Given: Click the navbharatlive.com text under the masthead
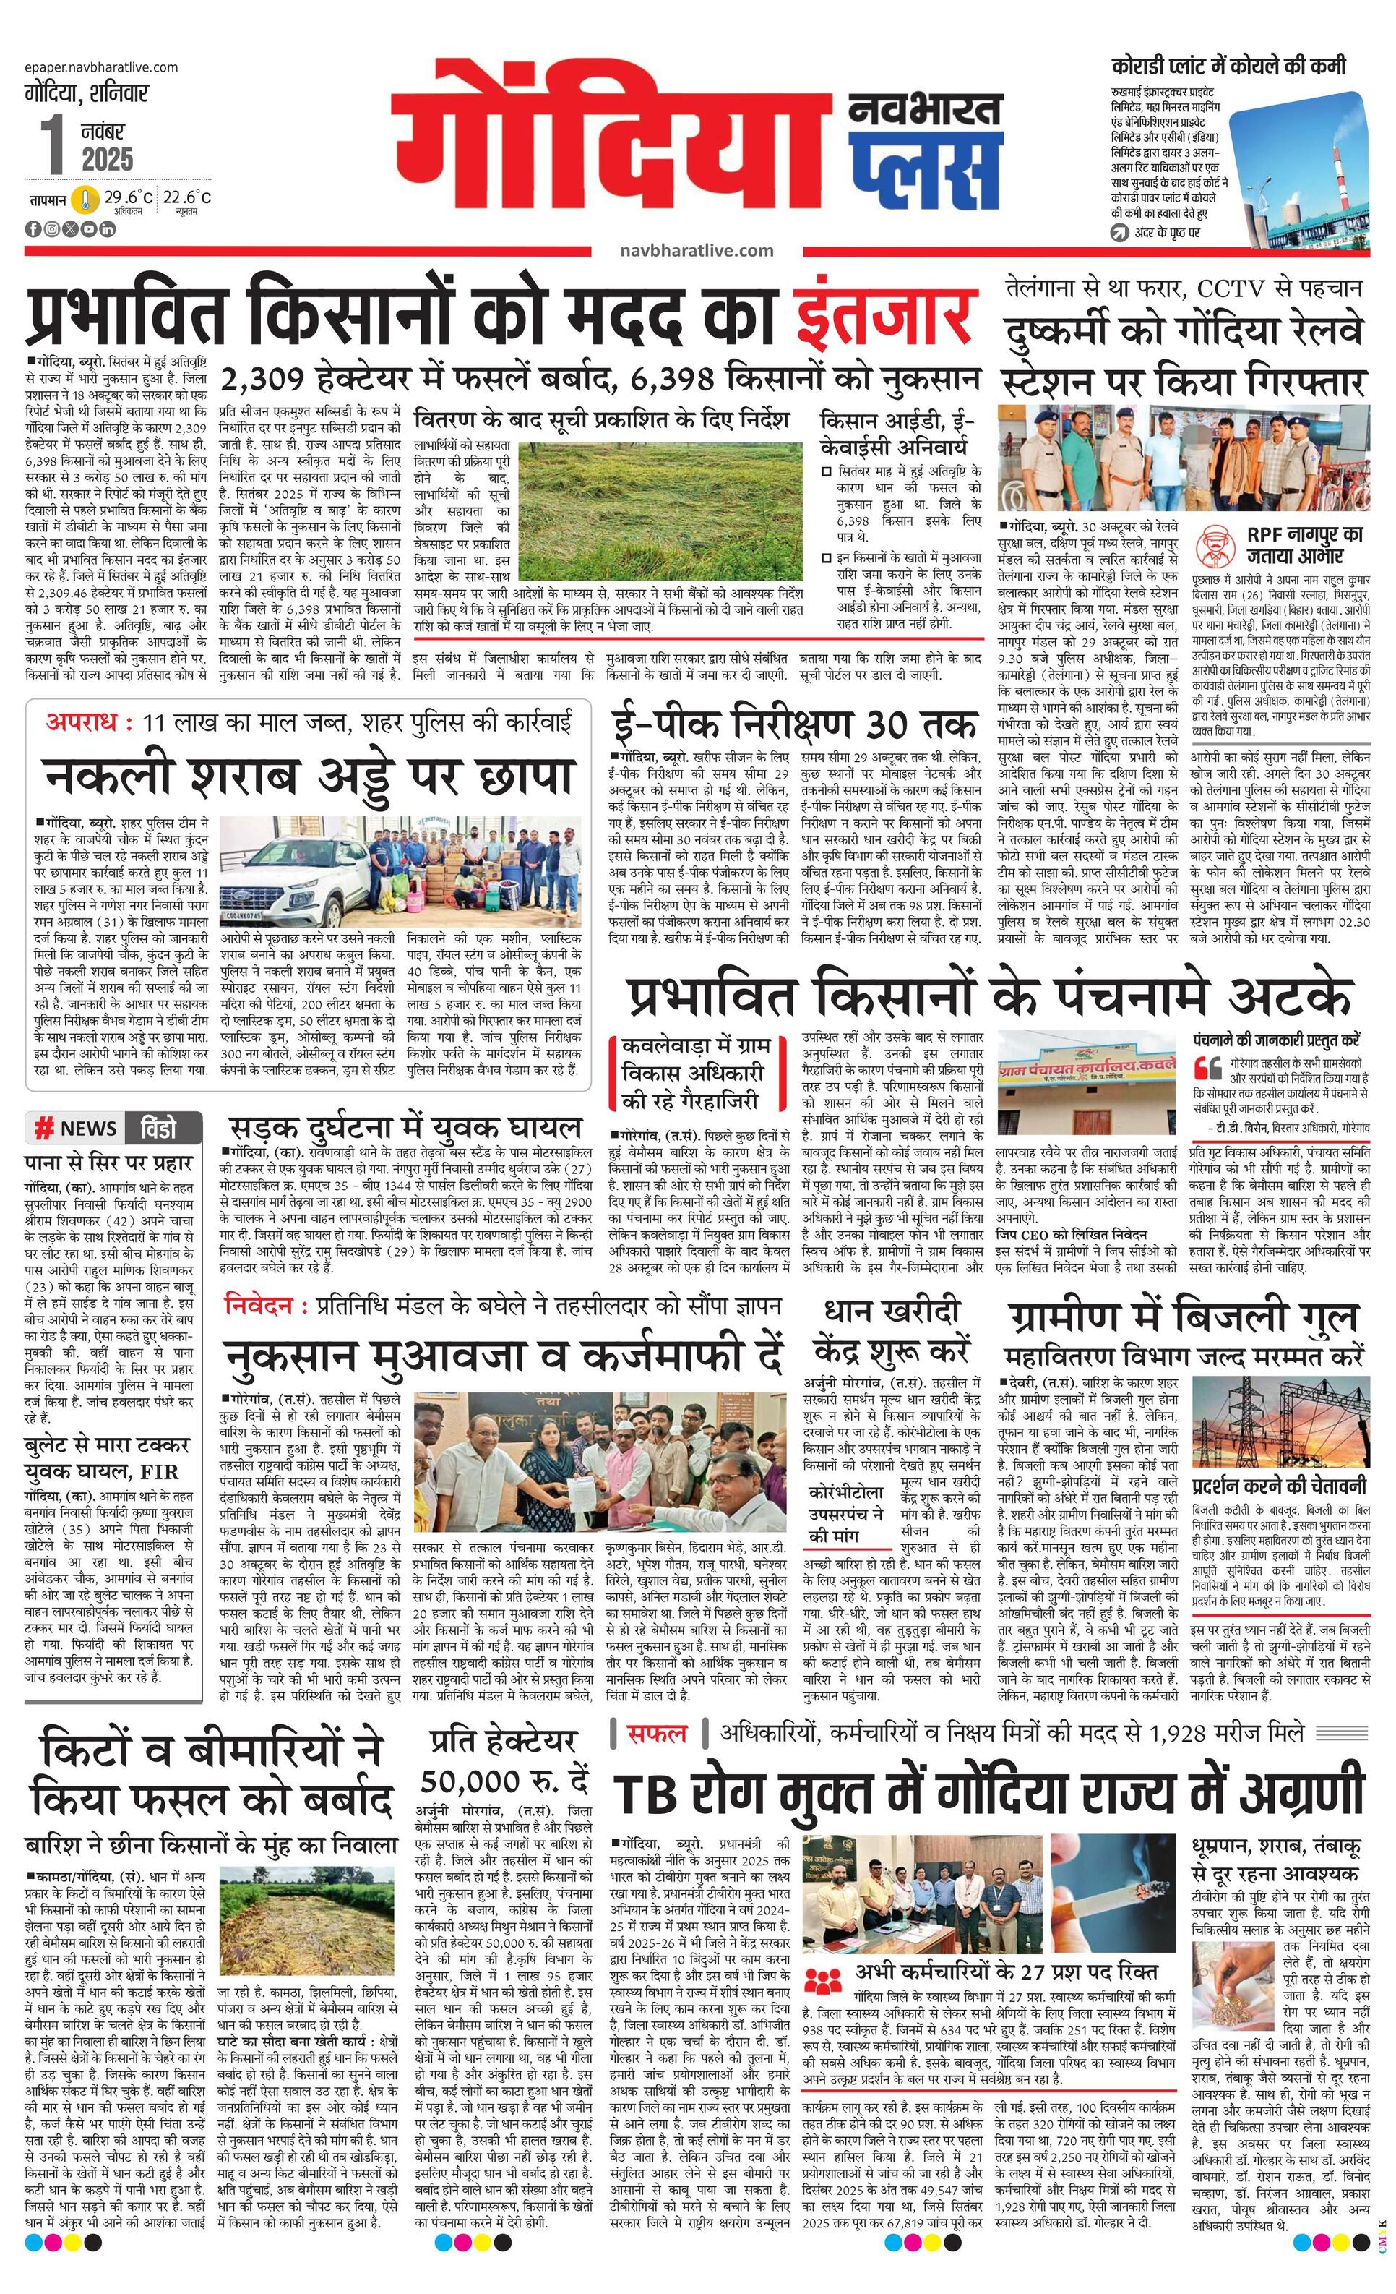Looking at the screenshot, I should click(x=695, y=250).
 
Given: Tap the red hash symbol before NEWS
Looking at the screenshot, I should click(x=43, y=1129).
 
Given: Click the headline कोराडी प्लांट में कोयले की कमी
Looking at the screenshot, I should click(x=1228, y=67).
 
